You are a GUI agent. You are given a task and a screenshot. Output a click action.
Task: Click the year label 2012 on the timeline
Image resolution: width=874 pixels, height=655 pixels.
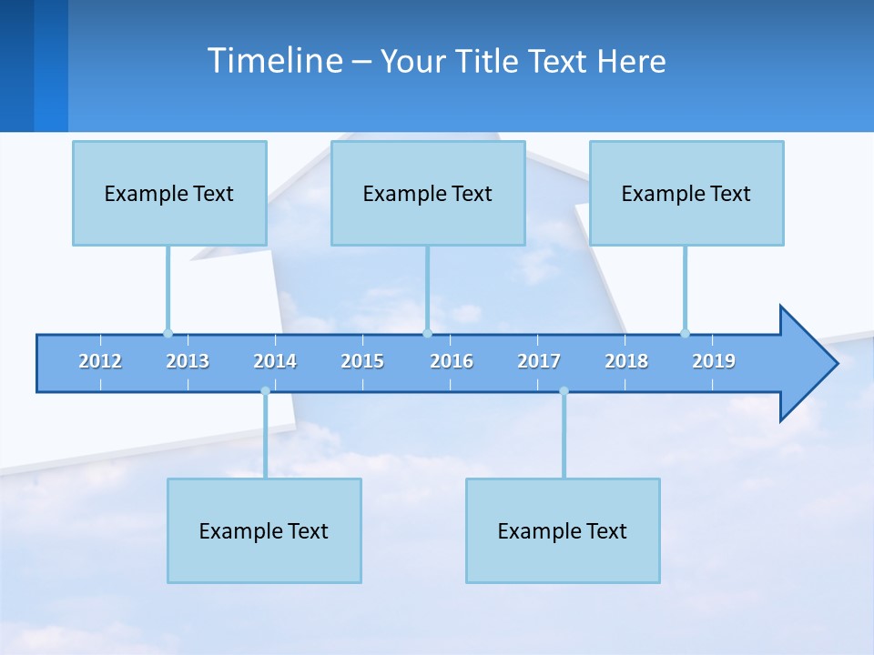coord(100,361)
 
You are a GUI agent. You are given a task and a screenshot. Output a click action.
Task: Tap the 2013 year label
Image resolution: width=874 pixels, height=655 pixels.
coord(188,361)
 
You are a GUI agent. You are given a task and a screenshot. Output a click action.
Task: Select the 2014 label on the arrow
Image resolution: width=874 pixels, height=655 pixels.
coord(275,361)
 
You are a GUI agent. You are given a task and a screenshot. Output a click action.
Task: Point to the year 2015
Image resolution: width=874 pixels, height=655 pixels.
coord(362,361)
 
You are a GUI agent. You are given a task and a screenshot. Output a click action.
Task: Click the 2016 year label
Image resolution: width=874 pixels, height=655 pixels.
coord(452,361)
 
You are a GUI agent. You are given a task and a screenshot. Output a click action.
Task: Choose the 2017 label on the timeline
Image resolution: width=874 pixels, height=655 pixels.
coord(539,361)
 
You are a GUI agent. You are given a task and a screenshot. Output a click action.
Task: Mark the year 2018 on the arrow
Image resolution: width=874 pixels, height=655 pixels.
coord(626,361)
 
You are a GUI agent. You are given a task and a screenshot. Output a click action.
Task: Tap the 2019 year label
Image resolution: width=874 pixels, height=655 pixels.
coord(714,361)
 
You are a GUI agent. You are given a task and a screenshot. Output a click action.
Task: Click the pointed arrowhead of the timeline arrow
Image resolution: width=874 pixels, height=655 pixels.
coord(810,364)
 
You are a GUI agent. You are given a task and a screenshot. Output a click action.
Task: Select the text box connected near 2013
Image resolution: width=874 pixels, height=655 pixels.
coord(169,193)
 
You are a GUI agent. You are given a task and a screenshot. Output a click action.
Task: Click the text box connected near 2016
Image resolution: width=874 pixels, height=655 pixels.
coord(428,193)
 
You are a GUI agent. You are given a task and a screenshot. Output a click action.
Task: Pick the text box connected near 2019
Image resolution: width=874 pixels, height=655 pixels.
coord(686,193)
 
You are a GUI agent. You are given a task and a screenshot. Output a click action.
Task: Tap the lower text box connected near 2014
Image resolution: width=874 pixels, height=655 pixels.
coord(264,530)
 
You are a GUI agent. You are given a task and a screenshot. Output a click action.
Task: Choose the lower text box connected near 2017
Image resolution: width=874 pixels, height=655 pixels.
coord(563,530)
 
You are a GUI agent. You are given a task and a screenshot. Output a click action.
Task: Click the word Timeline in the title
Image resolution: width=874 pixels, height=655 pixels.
coord(274,61)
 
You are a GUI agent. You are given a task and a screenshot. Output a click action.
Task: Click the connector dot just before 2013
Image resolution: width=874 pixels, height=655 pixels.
coord(168,333)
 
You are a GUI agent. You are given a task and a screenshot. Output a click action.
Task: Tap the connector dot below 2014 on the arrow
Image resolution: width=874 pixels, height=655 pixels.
coord(265,391)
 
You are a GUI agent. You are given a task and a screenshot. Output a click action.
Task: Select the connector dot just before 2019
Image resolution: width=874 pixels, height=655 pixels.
coord(685,333)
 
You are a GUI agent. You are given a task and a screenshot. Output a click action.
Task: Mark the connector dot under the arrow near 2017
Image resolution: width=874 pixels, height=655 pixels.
coord(564,391)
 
